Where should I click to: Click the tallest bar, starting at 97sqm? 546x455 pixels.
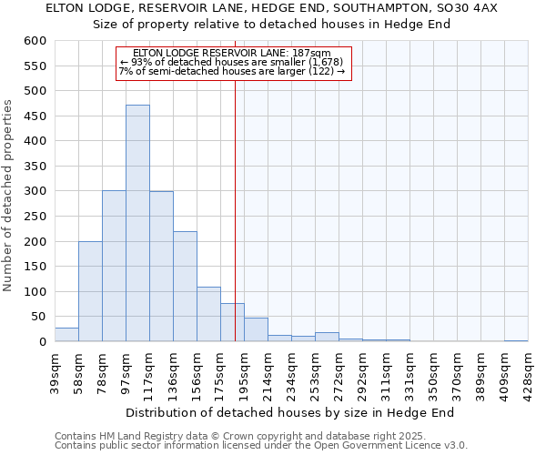pos(137,223)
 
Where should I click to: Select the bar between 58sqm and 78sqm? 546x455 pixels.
pos(90,291)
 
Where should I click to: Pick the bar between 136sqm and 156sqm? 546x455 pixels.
pos(185,287)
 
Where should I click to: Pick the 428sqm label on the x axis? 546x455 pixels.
pos(528,369)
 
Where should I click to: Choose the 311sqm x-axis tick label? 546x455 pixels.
pos(386,369)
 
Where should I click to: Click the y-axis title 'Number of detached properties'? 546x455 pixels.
pos(8,196)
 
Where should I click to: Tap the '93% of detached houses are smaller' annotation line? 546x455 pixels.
pos(231,62)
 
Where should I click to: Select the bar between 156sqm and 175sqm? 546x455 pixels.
pos(208,314)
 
